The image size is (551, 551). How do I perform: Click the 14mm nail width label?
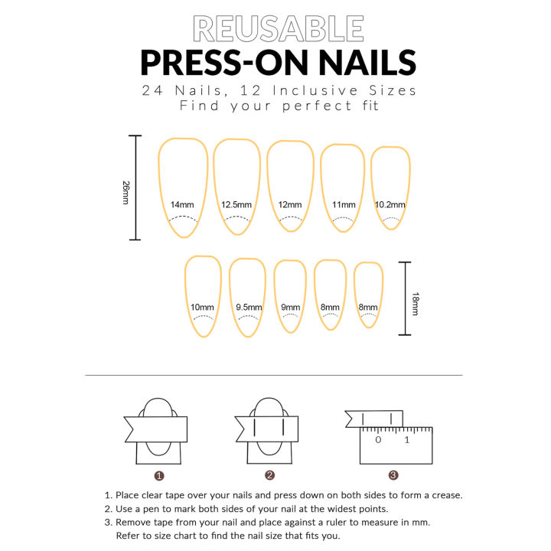(182, 204)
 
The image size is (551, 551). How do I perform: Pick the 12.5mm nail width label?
(236, 204)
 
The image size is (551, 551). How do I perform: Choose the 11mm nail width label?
(344, 204)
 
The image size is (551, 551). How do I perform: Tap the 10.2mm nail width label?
(390, 204)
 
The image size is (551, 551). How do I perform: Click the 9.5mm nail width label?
(249, 308)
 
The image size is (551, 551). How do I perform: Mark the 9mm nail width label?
(291, 308)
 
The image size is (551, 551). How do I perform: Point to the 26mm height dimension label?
(126, 191)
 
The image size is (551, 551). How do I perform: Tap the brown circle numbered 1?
(158, 475)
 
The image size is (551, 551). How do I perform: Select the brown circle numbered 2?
(269, 475)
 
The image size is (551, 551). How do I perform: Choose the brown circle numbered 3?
(393, 475)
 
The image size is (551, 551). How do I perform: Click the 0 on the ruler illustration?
(378, 440)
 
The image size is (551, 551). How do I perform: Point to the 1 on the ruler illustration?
(407, 440)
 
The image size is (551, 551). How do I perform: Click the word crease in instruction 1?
(446, 495)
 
